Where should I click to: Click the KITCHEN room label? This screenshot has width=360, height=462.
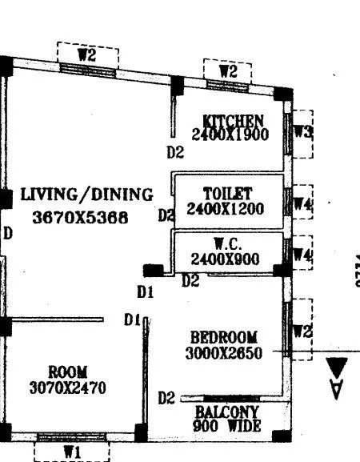tap(234, 120)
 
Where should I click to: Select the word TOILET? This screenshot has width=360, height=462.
tap(228, 194)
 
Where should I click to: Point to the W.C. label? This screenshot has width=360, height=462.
tap(227, 243)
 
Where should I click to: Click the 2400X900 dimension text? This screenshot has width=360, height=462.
tap(226, 259)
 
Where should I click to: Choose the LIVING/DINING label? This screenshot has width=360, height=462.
tap(86, 194)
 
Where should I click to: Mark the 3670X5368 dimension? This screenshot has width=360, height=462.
tap(80, 216)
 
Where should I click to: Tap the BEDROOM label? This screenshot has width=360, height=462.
tap(223, 336)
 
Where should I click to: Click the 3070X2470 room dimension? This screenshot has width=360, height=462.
tap(66, 388)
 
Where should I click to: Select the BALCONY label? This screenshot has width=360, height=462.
tap(227, 413)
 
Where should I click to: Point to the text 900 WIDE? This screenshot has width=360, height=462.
tap(227, 427)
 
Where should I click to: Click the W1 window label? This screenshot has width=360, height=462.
tap(73, 452)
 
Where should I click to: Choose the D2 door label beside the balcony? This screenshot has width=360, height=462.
tap(166, 397)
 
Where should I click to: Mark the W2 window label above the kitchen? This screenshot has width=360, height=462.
tap(228, 72)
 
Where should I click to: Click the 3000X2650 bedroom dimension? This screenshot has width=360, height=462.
tap(223, 352)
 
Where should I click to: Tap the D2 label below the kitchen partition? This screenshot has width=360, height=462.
tap(174, 151)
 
